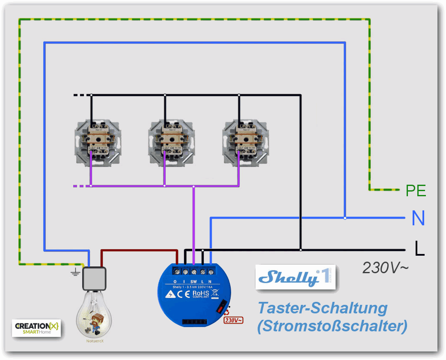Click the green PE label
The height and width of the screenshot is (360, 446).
coord(416,190)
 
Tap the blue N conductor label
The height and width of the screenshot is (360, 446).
coord(418,218)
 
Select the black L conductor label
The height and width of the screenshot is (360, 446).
coord(419,248)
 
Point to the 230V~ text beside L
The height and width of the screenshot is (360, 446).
coord(385,268)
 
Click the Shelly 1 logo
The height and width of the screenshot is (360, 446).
coord(295,277)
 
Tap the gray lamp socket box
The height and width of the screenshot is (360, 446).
coord(94,278)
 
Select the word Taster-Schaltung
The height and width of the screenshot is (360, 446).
coord(322,308)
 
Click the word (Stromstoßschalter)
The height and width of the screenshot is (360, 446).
coord(332,326)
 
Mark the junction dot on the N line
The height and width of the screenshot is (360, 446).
coord(345,218)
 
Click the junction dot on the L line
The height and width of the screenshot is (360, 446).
coord(300,250)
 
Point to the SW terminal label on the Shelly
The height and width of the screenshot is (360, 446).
coord(193,280)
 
